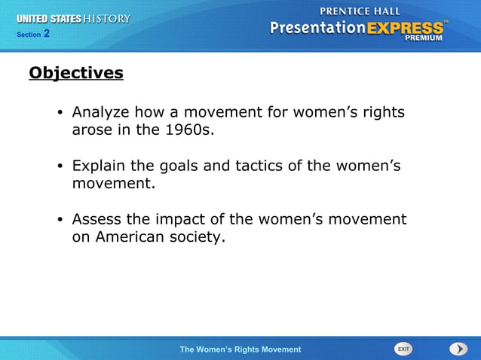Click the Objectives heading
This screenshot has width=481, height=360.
pyautogui.click(x=75, y=73)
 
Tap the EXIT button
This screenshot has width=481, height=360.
pyautogui.click(x=403, y=349)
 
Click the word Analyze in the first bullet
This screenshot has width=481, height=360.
pyautogui.click(x=100, y=113)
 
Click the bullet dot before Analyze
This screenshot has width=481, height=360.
pyautogui.click(x=60, y=114)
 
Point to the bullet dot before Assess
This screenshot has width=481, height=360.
pyautogui.click(x=60, y=220)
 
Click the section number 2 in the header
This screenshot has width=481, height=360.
pyautogui.click(x=47, y=33)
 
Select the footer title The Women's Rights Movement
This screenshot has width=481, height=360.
pyautogui.click(x=240, y=349)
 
